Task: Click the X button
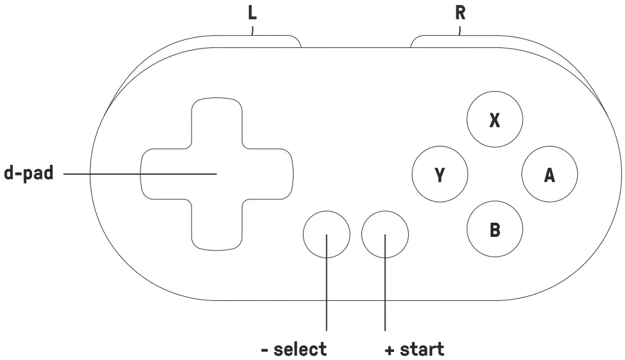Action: tap(494, 121)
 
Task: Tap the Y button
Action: tap(440, 175)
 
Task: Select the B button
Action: tap(494, 230)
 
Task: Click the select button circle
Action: tap(326, 234)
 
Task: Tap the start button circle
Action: tap(385, 234)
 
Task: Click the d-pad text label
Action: tap(29, 174)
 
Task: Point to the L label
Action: tap(252, 14)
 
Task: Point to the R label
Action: tap(460, 14)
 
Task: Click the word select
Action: tap(300, 350)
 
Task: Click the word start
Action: tap(422, 350)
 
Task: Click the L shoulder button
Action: tap(259, 41)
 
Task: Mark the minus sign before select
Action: tap(264, 350)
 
